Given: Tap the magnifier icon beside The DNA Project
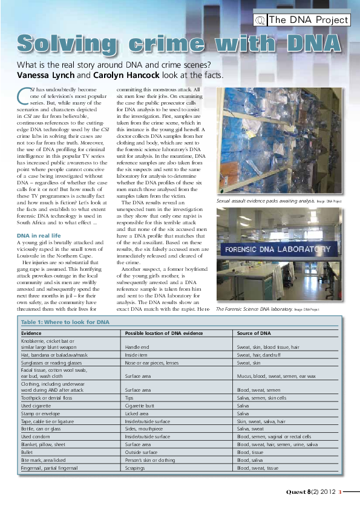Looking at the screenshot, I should [261, 20].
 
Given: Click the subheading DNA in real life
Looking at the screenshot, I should [39, 235].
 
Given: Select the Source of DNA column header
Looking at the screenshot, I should [254, 333].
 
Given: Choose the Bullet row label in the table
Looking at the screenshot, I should [28, 451].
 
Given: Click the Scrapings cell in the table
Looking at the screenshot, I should [136, 467].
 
